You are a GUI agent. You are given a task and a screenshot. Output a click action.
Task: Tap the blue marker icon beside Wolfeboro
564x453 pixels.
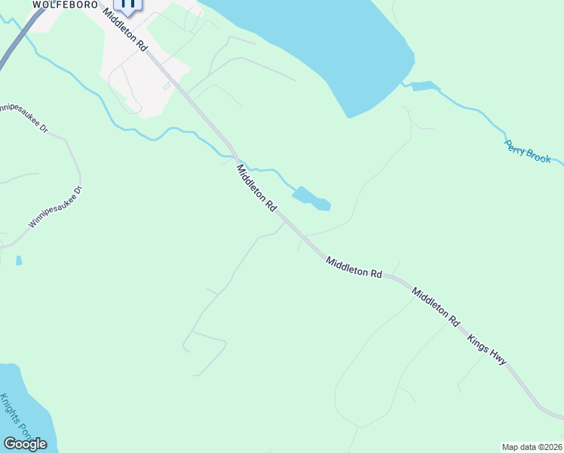(128, 5)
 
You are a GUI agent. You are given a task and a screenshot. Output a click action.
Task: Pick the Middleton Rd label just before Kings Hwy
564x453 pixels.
(435, 304)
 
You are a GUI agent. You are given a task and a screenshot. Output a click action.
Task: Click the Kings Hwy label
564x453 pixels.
(486, 350)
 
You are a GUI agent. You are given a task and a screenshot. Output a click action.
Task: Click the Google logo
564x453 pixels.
(25, 444)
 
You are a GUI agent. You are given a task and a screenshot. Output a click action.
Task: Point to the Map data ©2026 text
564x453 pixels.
(532, 447)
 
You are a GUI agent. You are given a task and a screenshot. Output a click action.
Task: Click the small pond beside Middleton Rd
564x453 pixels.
(311, 199)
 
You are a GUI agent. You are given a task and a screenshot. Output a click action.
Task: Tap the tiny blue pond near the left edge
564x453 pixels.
(19, 260)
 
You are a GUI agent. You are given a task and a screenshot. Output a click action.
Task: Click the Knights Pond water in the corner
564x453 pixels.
(23, 408)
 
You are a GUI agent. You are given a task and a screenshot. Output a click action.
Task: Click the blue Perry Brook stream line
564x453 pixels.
(483, 112)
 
